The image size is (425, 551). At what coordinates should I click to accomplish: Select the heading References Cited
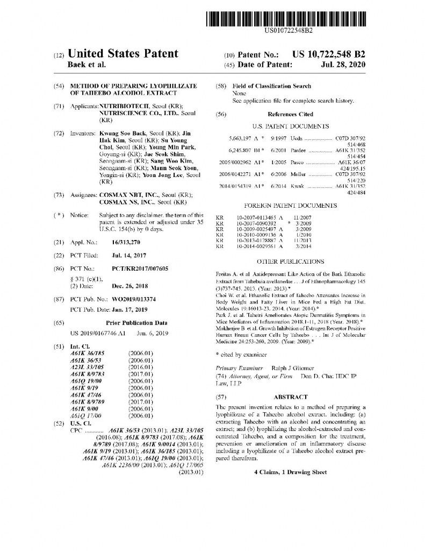(290, 115)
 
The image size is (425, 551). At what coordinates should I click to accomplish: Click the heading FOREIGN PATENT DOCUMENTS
(290, 206)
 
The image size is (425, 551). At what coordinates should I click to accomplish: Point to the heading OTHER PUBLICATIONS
(290, 262)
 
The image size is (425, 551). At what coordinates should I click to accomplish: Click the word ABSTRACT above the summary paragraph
(291, 397)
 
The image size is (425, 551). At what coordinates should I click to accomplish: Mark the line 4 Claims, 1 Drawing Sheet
(290, 472)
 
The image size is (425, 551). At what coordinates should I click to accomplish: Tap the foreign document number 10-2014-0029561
(256, 246)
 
